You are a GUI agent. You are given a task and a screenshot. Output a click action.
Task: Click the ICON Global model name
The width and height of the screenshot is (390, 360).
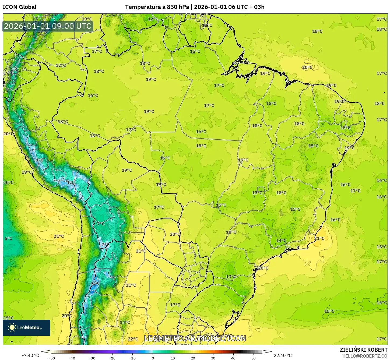coord(19,7)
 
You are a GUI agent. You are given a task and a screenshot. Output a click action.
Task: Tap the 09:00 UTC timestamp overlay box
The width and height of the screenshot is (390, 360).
coord(48,26)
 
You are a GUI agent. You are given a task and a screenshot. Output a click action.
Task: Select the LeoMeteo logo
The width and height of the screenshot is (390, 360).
coord(26,327)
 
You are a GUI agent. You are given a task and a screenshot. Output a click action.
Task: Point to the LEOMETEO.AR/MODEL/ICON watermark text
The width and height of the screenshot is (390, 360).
coord(195,338)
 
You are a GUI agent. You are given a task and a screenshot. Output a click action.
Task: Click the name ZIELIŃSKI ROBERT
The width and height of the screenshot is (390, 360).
coord(363,350)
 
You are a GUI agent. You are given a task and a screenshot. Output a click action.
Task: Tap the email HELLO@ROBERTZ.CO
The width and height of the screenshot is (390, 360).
coord(365,356)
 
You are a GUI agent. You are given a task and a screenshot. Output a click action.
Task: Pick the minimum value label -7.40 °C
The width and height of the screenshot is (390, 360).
coord(30,355)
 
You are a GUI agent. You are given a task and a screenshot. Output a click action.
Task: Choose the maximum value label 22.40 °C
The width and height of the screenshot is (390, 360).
coord(283,355)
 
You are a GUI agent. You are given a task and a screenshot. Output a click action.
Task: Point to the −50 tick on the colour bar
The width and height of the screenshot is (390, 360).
coord(52,358)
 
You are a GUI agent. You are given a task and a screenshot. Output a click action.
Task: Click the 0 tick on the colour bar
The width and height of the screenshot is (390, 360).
coord(153,358)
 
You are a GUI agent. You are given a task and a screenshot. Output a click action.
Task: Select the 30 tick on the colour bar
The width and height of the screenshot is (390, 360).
coord(213,358)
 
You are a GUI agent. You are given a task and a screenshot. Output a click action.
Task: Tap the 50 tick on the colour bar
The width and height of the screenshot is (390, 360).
coord(254,358)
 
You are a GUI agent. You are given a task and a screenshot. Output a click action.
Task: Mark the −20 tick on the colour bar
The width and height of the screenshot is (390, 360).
coord(112,358)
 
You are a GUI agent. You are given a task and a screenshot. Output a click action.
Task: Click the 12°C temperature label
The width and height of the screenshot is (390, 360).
coord(153,19)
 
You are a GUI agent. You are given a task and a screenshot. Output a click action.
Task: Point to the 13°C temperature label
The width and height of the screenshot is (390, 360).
coord(231,277)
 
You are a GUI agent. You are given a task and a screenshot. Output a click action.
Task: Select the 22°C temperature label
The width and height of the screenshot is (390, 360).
coord(133,339)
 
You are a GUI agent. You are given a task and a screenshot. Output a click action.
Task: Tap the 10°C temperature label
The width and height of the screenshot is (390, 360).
coord(8,182)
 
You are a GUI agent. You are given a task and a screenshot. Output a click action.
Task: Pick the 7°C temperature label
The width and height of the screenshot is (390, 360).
coord(101,224)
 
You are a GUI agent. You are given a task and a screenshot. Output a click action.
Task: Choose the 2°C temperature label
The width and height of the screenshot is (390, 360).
coord(106,245)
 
